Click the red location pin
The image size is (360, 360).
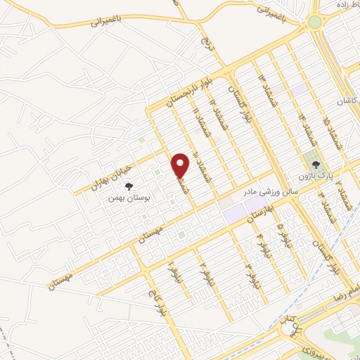(x=181, y=166)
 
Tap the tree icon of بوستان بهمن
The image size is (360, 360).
(x=129, y=186)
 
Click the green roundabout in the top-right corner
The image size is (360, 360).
(x=314, y=22)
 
